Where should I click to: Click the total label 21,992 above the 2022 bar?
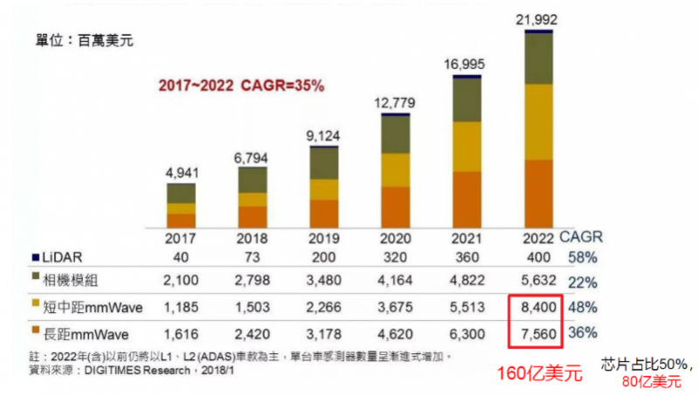(536, 19)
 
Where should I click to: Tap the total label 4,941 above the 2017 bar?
(182, 172)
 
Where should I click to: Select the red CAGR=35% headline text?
(241, 86)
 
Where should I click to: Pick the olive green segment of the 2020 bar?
(396, 134)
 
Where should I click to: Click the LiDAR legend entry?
(56, 257)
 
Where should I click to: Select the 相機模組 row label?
(65, 282)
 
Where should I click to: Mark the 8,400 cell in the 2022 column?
(533, 308)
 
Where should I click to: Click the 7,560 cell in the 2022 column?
(533, 333)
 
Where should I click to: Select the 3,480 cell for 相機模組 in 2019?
(324, 282)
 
